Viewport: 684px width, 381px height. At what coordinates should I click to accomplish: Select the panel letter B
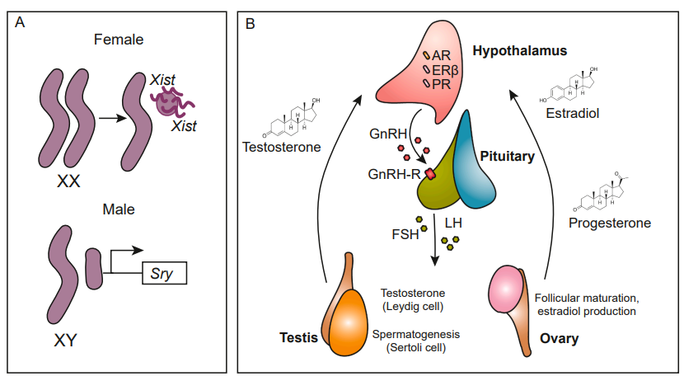point(250,25)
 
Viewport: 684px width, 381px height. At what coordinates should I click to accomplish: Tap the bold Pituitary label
point(507,155)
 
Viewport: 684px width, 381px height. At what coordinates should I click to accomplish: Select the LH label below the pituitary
point(453,223)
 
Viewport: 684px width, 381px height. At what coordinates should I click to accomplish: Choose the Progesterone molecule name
point(610,223)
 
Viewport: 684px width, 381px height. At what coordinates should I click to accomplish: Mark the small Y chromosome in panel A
point(92,265)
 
